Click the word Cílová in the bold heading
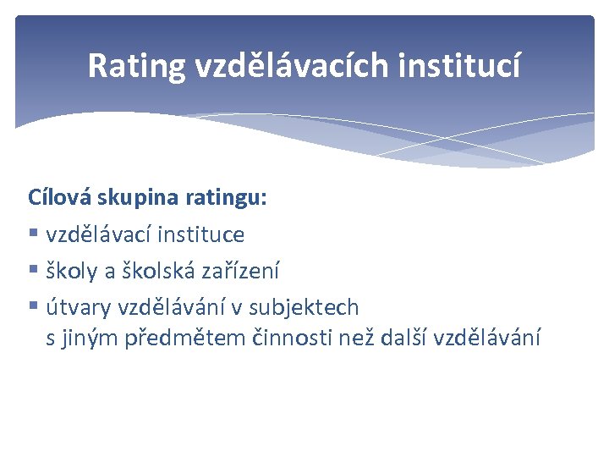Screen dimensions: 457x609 [61, 198]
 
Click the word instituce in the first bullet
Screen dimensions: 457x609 [201, 234]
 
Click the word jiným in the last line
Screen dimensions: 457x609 [90, 339]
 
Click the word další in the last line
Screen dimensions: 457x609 [403, 339]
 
